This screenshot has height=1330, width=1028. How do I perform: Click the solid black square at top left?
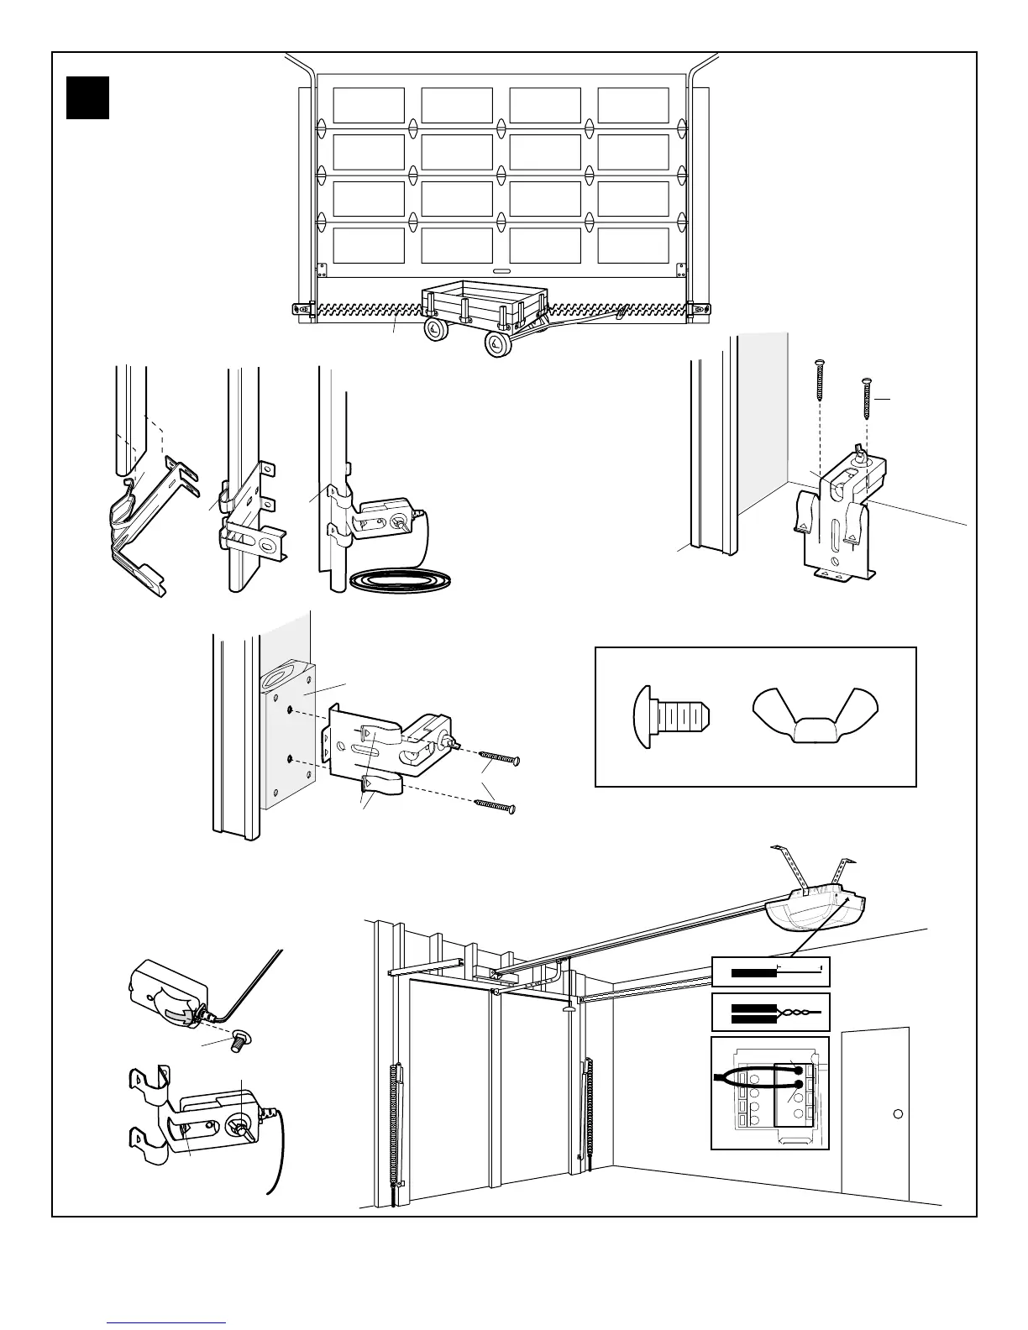[88, 97]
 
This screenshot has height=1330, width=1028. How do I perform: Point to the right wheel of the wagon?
[496, 343]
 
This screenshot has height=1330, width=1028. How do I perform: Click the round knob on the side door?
[898, 1113]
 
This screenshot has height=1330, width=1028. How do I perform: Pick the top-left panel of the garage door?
[369, 105]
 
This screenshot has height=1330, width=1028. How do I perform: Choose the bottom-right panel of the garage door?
[633, 245]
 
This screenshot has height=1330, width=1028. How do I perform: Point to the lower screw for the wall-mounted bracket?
[495, 806]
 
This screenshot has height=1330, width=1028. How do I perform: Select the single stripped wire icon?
[770, 972]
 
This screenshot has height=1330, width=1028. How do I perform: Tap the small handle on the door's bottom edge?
[501, 271]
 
